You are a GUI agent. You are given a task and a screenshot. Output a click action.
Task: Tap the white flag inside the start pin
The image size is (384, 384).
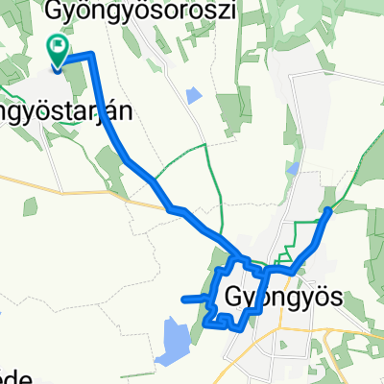[x=58, y=44]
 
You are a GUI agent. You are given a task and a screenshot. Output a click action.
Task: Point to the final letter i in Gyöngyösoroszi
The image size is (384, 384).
[x=206, y=10]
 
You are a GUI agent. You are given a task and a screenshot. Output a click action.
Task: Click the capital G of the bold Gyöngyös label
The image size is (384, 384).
[x=235, y=297]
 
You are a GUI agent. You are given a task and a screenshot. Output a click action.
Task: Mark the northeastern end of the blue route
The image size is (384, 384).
[x=329, y=210]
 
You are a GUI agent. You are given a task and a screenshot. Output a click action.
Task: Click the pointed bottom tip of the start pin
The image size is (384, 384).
[x=58, y=69]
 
